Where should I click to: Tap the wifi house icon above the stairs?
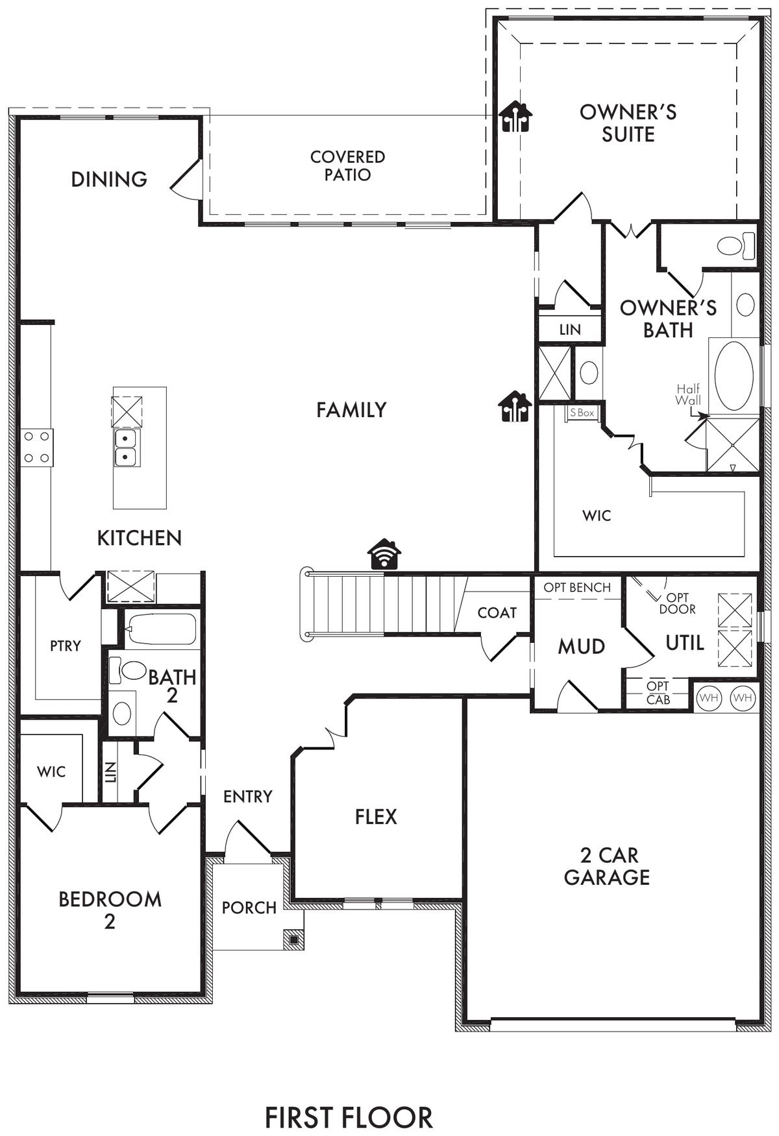pyautogui.click(x=384, y=554)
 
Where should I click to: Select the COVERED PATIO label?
pyautogui.click(x=347, y=165)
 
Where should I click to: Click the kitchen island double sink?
pyautogui.click(x=125, y=448)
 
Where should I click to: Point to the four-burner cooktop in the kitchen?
pyautogui.click(x=36, y=447)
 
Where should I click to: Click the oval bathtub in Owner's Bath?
pyautogui.click(x=734, y=374)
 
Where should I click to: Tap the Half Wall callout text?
pyautogui.click(x=688, y=394)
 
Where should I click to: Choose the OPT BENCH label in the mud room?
pyautogui.click(x=577, y=588)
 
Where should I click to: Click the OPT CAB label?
pyautogui.click(x=658, y=693)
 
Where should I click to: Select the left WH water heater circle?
pyautogui.click(x=709, y=698)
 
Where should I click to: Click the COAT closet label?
pyautogui.click(x=497, y=612)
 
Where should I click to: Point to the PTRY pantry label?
pyautogui.click(x=66, y=646)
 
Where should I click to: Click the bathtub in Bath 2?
pyautogui.click(x=161, y=629)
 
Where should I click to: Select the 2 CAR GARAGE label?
pyautogui.click(x=607, y=866)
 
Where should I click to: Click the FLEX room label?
pyautogui.click(x=376, y=816)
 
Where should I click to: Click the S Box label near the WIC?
pyautogui.click(x=582, y=413)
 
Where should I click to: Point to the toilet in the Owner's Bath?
pyautogui.click(x=736, y=246)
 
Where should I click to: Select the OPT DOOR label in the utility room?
pyautogui.click(x=678, y=603)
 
